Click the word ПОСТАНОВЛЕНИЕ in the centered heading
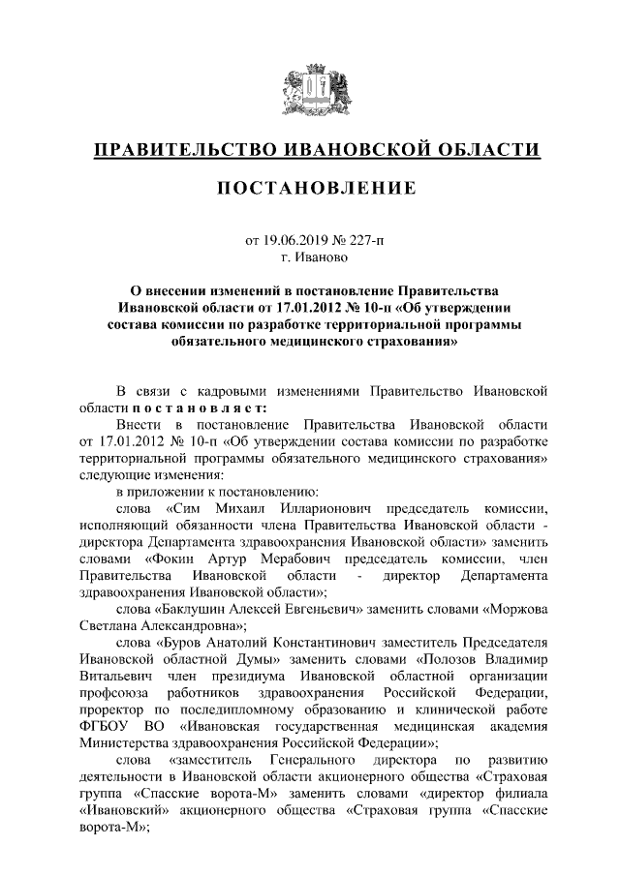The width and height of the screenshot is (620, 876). [x=310, y=186]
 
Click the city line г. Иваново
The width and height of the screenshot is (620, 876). [x=309, y=257]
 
